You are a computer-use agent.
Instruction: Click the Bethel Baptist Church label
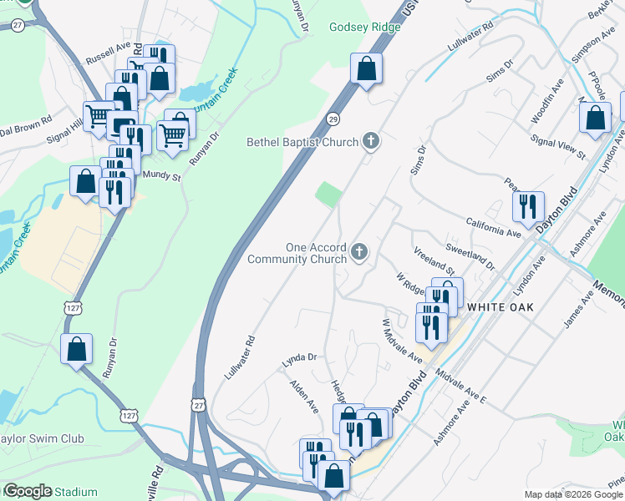(302, 142)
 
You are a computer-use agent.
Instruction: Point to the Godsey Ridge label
(365, 27)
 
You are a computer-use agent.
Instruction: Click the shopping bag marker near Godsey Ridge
(366, 69)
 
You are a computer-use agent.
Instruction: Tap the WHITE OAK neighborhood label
(500, 307)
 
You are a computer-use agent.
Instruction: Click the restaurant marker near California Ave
(527, 206)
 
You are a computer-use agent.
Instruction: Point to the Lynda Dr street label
(300, 357)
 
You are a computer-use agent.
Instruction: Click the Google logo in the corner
(27, 491)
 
